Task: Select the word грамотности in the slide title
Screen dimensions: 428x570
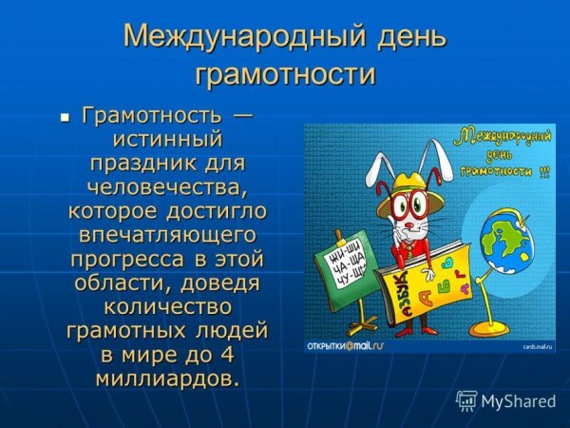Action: point(285,74)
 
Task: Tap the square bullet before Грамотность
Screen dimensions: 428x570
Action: point(65,118)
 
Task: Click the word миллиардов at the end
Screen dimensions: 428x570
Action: point(166,379)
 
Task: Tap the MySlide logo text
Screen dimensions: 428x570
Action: point(518,400)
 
